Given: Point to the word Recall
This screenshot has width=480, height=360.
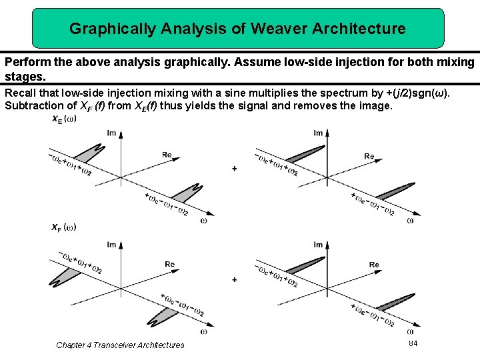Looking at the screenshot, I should click(x=21, y=92).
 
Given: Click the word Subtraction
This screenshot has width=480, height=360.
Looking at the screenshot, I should click(x=35, y=105).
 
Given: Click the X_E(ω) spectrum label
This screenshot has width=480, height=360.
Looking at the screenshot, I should click(x=64, y=119).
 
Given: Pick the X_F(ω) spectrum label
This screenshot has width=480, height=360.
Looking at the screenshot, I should click(x=64, y=227).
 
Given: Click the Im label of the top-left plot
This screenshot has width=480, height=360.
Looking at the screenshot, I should click(x=111, y=133).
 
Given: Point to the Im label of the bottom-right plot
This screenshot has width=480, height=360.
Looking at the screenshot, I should click(x=318, y=245).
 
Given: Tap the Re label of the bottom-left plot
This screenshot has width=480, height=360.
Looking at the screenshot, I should click(x=170, y=264).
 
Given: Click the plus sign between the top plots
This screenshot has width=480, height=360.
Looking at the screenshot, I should click(x=234, y=169).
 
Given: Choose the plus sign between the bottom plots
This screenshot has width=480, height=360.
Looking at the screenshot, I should click(x=234, y=280).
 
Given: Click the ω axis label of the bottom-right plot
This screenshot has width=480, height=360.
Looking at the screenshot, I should click(x=409, y=331).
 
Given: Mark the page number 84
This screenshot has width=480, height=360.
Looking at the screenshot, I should click(x=413, y=343).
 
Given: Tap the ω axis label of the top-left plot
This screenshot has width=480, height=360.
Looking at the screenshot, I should click(x=203, y=219).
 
